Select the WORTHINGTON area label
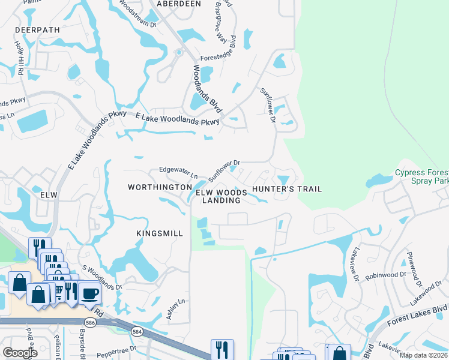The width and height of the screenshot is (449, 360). pyautogui.click(x=160, y=188)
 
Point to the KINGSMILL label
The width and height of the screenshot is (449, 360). pyautogui.click(x=160, y=233)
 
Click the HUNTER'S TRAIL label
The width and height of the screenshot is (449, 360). pyautogui.click(x=287, y=189)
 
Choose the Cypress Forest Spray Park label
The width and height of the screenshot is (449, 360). pyautogui.click(x=421, y=176)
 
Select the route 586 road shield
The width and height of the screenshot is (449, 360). pyautogui.click(x=89, y=322)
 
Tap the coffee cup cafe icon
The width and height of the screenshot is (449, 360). pyautogui.click(x=90, y=293)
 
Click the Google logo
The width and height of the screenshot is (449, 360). pyautogui.click(x=20, y=352)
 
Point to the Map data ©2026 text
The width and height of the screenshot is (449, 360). pyautogui.click(x=424, y=355)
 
